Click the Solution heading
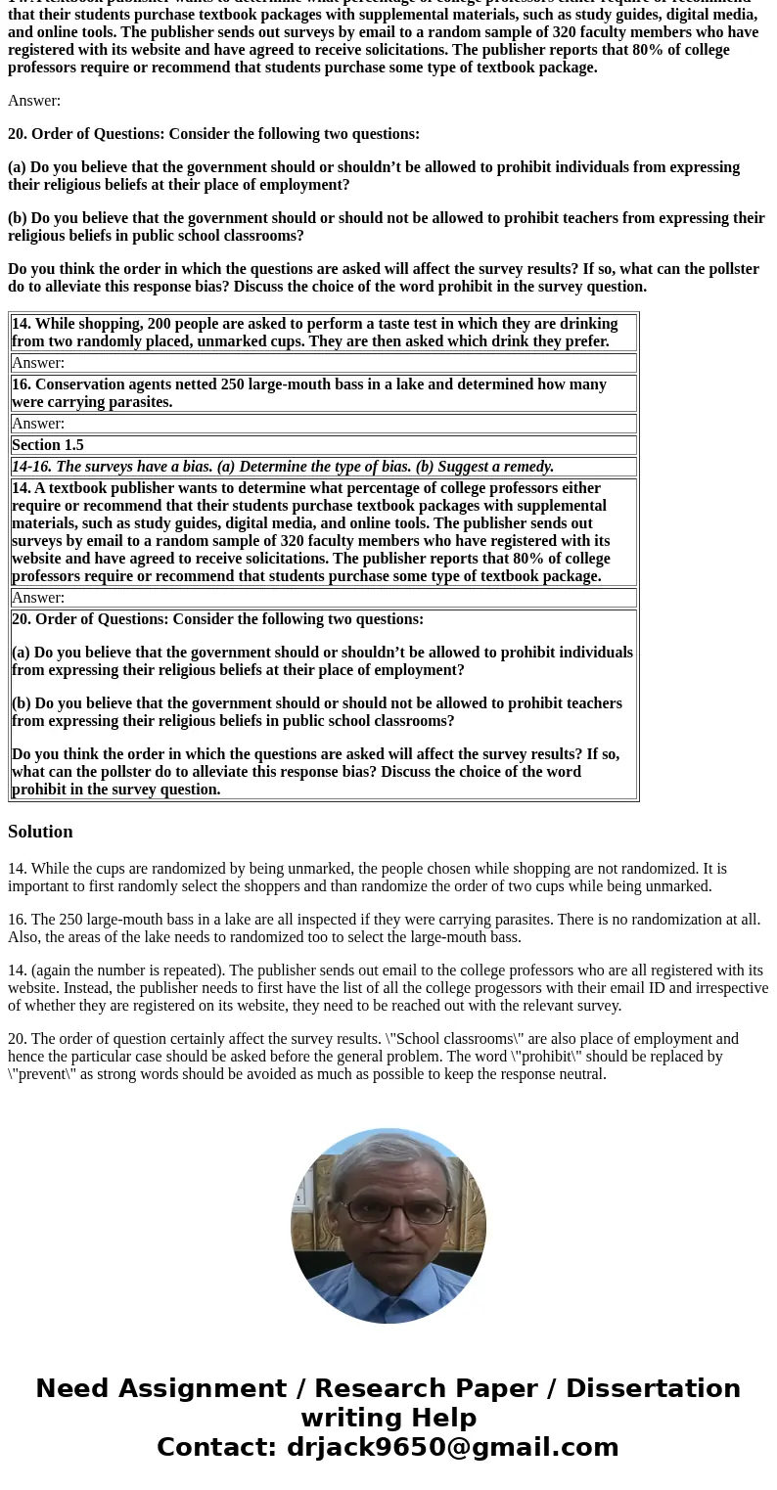[40, 832]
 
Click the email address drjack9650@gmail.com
[452, 1448]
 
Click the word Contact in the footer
[216, 1448]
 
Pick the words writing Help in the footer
[388, 1419]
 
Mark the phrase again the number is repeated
[125, 971]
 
